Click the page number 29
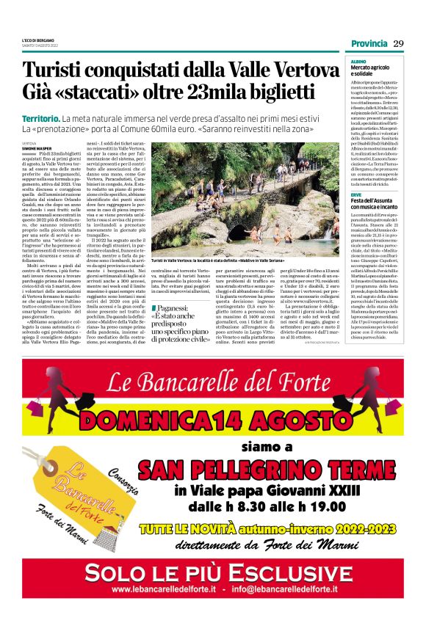pos(398,44)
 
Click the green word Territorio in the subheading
pos(40,118)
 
